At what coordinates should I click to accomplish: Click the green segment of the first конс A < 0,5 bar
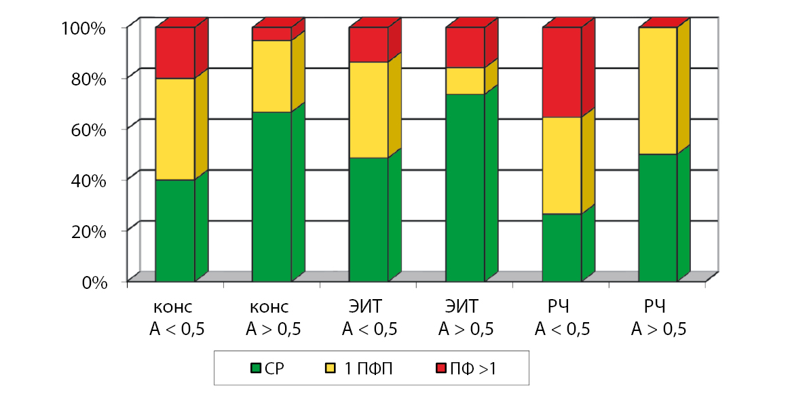(175, 230)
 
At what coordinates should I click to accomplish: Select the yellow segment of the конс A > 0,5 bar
(271, 76)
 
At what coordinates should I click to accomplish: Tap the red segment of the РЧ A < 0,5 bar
(562, 72)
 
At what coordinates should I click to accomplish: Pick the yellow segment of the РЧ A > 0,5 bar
(658, 91)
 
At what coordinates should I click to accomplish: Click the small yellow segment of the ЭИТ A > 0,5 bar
(465, 81)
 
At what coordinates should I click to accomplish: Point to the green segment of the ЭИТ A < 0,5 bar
(369, 219)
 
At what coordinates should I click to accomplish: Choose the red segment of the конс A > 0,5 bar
(271, 34)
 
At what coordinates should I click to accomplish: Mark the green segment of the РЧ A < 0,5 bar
(562, 247)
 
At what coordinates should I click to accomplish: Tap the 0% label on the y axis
(95, 282)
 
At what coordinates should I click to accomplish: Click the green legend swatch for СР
(257, 368)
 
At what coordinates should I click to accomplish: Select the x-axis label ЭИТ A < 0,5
(369, 319)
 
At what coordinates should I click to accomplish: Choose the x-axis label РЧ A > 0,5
(658, 319)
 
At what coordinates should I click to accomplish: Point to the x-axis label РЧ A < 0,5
(562, 319)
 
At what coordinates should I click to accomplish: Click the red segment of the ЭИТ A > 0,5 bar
(465, 47)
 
